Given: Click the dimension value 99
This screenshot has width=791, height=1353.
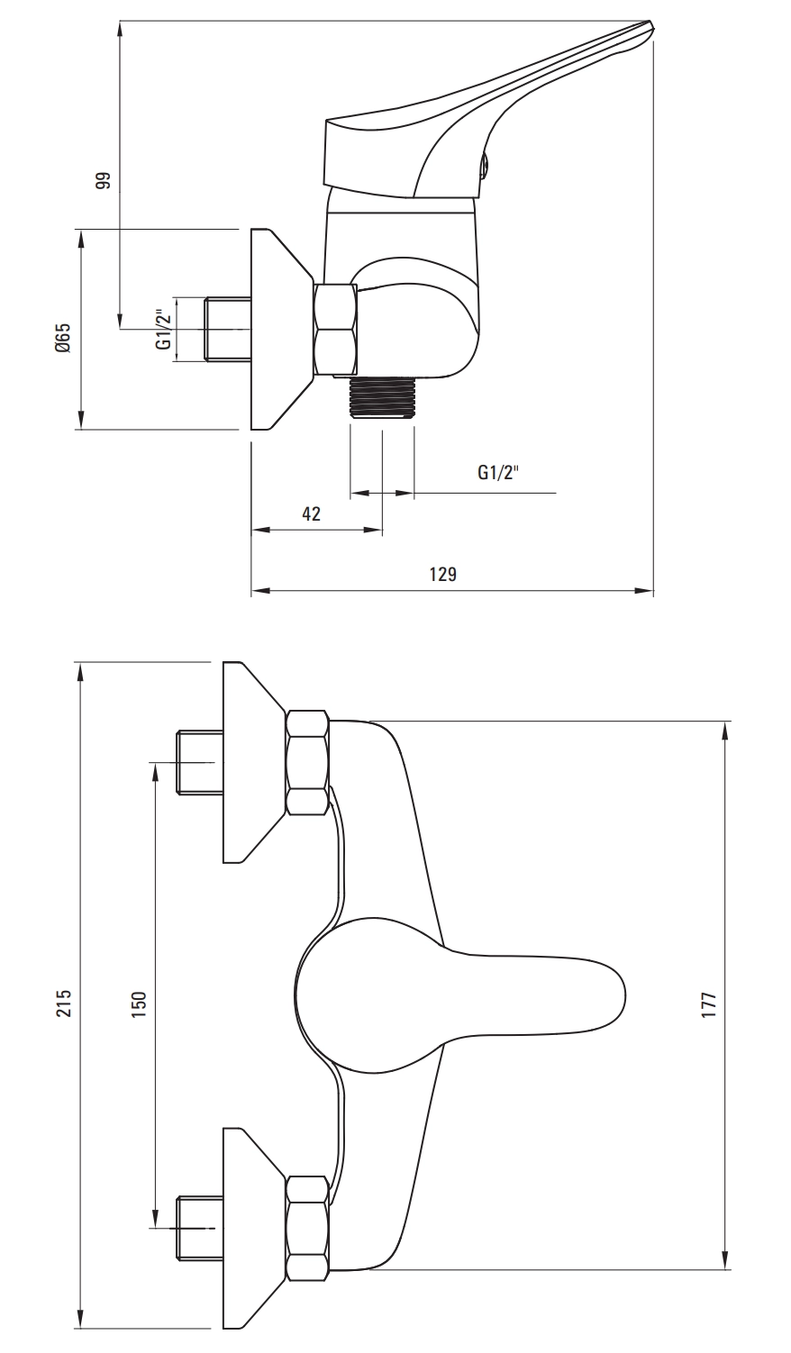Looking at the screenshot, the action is point(105,180).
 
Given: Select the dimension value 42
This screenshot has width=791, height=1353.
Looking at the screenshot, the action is point(311,514).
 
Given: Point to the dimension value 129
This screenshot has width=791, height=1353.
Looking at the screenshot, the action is point(443,574).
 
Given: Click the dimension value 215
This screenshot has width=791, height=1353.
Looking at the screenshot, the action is point(64,1003).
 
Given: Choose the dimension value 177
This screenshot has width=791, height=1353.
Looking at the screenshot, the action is point(709,1004).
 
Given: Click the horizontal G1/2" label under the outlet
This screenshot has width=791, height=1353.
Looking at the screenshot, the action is point(498,472).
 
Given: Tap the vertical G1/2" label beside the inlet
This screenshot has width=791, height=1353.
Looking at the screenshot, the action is point(162,330).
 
